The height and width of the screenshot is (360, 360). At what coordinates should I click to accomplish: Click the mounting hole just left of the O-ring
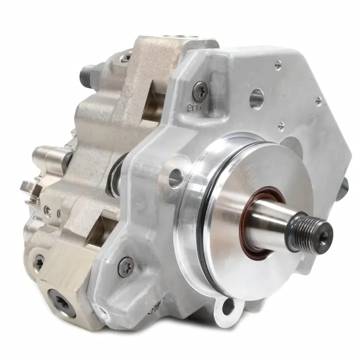[176, 176]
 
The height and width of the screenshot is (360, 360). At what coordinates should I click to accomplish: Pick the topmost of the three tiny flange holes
[278, 65]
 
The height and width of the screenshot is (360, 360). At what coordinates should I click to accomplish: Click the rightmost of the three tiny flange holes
[318, 101]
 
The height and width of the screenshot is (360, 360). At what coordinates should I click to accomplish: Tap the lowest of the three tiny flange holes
[281, 126]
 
